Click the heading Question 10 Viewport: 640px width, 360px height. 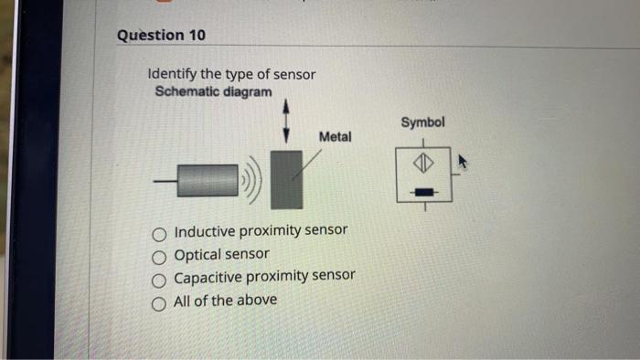pos(161,35)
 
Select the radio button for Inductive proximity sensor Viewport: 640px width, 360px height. pos(161,232)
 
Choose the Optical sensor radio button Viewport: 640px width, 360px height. pos(161,256)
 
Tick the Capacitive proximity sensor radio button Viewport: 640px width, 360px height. pos(161,279)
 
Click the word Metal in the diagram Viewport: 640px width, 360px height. pos(335,136)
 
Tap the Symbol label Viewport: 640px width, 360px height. pos(422,122)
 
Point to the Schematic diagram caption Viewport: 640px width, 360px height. pos(213,92)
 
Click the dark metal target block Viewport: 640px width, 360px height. pos(288,180)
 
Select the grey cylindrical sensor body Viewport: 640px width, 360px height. pos(208,180)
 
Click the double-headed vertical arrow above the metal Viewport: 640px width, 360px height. pos(286,121)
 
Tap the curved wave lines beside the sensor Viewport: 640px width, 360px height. pos(252,181)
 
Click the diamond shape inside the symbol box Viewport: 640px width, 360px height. pos(421,164)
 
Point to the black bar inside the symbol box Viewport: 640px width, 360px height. pos(422,192)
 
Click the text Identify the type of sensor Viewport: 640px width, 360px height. pos(231,74)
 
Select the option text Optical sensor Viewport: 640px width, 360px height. pos(221,255)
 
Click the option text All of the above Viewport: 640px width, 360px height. pos(225,300)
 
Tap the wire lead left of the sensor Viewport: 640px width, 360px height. pos(165,181)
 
